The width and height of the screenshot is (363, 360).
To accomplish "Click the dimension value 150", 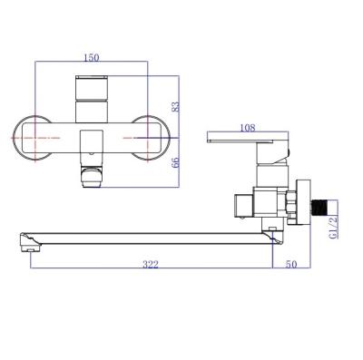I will click(91, 58).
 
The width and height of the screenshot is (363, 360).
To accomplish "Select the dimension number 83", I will click(175, 107).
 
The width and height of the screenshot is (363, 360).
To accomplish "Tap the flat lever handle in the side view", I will click(245, 141).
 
